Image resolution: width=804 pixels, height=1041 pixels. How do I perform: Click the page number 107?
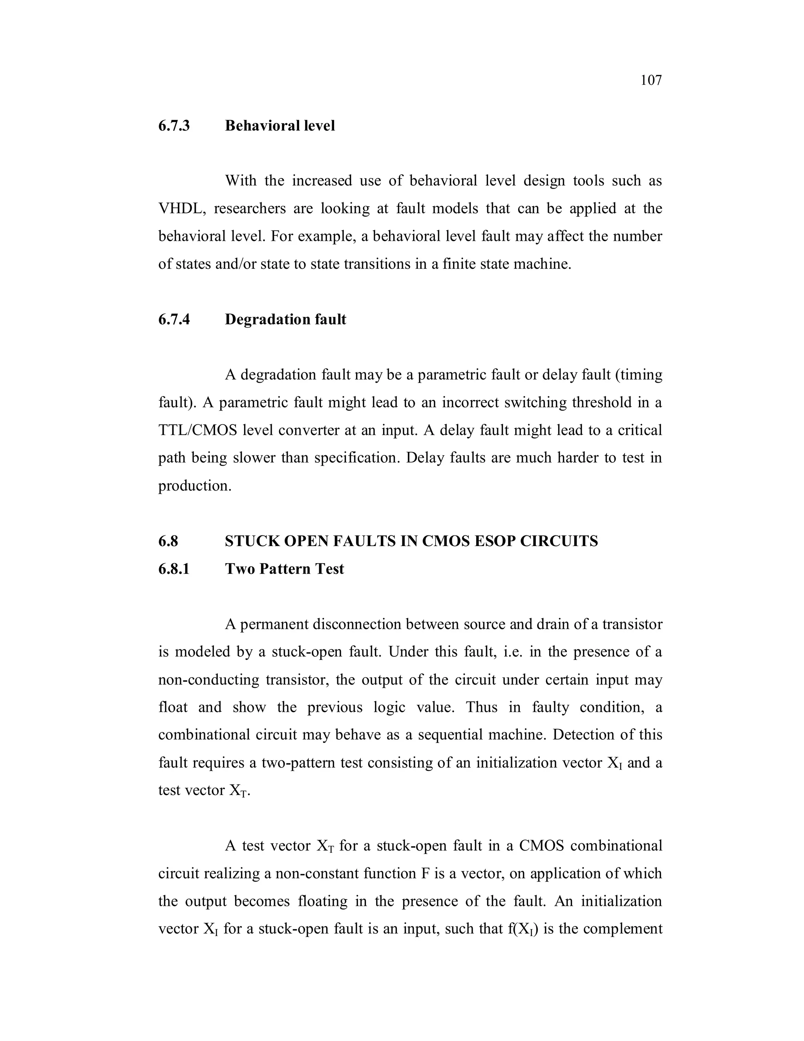pos(651,80)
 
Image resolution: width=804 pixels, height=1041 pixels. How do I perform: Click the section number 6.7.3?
pos(174,126)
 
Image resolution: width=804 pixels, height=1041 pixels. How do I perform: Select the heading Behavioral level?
pos(280,126)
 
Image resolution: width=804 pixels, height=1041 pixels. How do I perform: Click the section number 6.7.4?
pos(174,319)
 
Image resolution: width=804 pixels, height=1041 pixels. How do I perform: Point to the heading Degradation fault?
pos(285,319)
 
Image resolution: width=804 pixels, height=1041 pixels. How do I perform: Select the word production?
pos(194,486)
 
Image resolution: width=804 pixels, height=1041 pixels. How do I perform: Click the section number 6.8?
pos(168,541)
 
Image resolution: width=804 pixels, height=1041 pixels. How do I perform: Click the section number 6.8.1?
pos(174,569)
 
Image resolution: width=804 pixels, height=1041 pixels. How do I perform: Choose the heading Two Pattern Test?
pos(284,569)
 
